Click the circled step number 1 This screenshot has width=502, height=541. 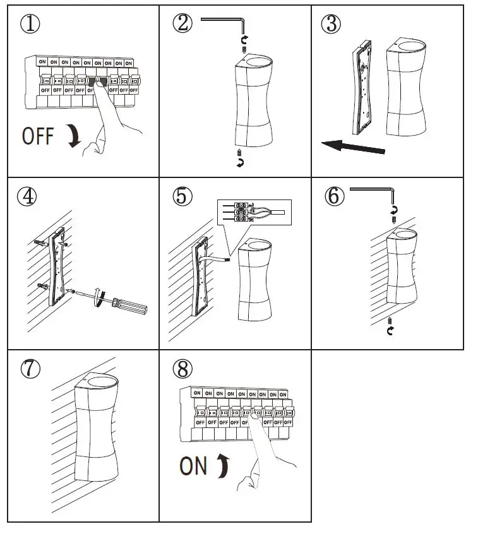[30, 25]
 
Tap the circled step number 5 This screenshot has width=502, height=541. [182, 197]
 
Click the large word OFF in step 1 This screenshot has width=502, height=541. [38, 136]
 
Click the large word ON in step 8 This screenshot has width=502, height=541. [193, 466]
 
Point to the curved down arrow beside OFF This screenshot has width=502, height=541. [75, 136]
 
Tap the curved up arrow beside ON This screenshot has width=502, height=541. [222, 466]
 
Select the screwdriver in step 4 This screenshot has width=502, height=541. [127, 304]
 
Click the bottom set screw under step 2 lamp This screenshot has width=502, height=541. [239, 153]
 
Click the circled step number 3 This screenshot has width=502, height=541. [331, 25]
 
